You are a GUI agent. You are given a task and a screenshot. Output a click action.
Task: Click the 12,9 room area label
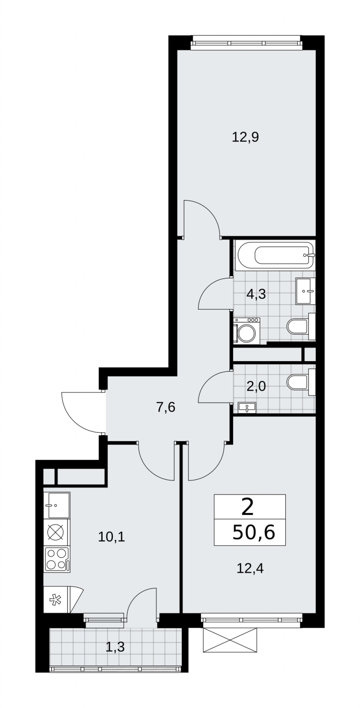point(245,138)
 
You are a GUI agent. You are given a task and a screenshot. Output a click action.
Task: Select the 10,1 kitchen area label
point(111,537)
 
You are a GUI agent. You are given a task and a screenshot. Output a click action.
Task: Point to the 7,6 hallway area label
point(165,408)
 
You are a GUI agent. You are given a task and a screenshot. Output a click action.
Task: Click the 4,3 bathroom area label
point(256,294)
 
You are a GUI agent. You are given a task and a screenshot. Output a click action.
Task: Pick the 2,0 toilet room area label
point(256,386)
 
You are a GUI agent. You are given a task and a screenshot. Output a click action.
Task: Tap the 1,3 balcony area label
point(115,671)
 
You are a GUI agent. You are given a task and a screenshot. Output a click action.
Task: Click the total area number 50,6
point(254,532)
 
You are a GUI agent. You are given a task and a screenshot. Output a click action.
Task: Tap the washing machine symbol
point(247,331)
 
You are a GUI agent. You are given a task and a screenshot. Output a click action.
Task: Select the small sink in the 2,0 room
point(247,408)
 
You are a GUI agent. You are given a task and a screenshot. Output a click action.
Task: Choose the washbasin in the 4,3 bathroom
point(305,291)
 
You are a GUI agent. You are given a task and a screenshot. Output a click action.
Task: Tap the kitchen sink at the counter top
point(57,505)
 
